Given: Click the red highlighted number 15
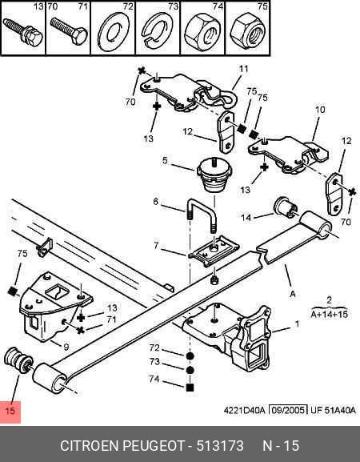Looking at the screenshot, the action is [10, 411].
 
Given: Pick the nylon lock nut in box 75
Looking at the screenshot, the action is [246, 31].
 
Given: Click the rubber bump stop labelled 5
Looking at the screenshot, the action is [214, 175].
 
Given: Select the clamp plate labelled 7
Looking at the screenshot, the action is [214, 251].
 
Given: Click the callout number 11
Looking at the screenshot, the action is [243, 69].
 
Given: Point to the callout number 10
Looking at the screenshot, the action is [320, 110].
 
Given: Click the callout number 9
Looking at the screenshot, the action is [66, 347].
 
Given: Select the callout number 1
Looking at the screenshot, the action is [297, 323].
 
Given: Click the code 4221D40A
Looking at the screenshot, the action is [245, 410].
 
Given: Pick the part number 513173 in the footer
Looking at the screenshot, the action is [220, 445].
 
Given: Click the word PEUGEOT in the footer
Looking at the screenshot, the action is [153, 445].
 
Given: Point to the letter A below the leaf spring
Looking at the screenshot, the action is [292, 294].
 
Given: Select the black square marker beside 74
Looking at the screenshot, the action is [190, 388].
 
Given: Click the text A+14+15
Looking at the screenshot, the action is [330, 314].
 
